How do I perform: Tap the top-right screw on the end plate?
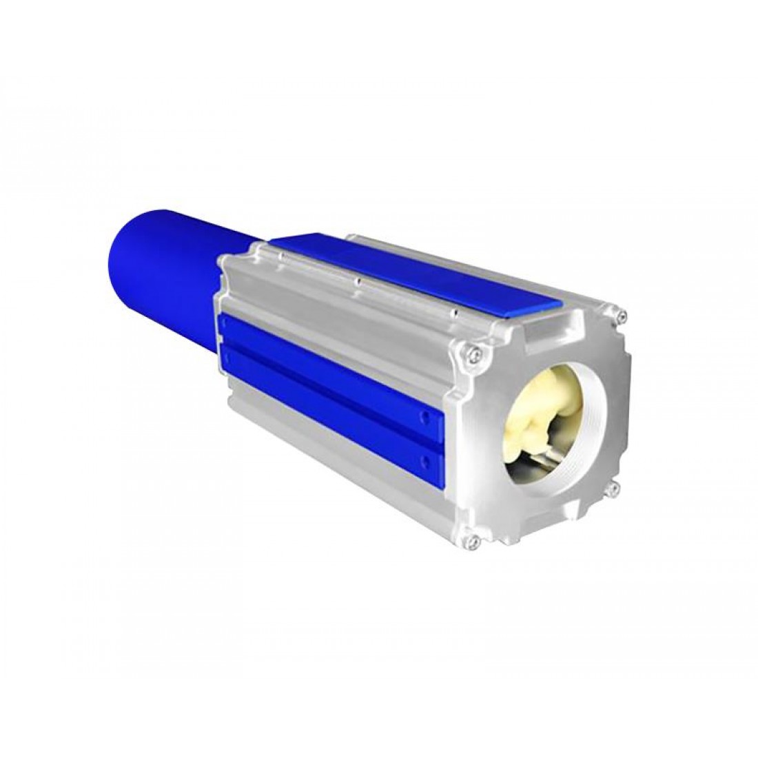click(x=623, y=316)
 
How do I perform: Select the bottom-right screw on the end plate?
click(x=611, y=491)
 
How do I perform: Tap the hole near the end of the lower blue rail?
click(x=429, y=458)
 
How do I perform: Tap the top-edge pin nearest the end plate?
click(x=454, y=314)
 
